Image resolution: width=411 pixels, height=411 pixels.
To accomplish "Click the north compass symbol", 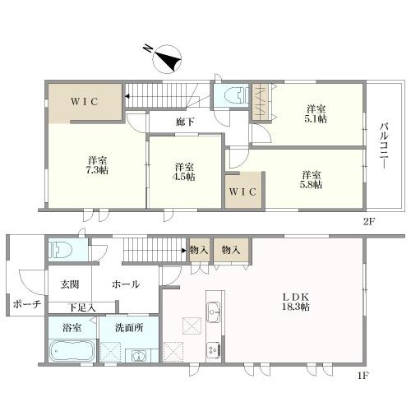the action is (167, 59).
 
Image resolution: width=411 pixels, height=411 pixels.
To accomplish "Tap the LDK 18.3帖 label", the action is (296, 302).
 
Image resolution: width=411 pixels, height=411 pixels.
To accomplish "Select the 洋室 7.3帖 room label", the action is (97, 165).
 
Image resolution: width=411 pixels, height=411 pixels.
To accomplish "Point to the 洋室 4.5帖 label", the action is (184, 172).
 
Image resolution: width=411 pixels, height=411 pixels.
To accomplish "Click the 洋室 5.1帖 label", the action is (316, 114).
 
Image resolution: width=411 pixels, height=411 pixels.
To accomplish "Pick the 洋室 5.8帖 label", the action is (312, 180).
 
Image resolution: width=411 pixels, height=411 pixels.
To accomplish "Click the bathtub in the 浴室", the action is (72, 351).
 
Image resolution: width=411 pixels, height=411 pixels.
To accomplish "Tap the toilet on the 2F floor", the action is (236, 95).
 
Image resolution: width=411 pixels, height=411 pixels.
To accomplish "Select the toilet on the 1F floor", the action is (61, 250).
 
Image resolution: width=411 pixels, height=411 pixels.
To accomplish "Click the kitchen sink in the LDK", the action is (213, 312).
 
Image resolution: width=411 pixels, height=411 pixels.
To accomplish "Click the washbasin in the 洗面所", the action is (139, 356).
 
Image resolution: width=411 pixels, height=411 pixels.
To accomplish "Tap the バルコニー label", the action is (384, 146).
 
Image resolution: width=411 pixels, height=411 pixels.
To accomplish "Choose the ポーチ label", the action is (27, 304).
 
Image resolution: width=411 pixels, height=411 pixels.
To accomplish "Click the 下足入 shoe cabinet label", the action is (82, 307).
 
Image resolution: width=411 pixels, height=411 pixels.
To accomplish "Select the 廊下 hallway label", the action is (185, 122).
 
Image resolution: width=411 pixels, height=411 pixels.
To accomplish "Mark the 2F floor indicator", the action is (368, 221).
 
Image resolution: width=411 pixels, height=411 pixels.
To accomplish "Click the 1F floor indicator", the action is (363, 375).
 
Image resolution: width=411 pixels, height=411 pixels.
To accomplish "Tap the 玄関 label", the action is (70, 284).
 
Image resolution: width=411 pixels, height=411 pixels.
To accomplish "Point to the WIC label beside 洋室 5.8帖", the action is (242, 192).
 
